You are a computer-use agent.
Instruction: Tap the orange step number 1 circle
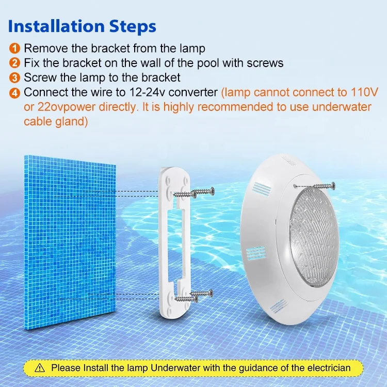tap(15, 49)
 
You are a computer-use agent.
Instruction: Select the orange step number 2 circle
tap(15, 63)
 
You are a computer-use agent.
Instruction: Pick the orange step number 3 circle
tap(15, 78)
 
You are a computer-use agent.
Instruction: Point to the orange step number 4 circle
tap(15, 93)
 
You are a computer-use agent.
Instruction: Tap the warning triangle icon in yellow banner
tap(41, 368)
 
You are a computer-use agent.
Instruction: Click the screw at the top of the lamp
tap(314, 184)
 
